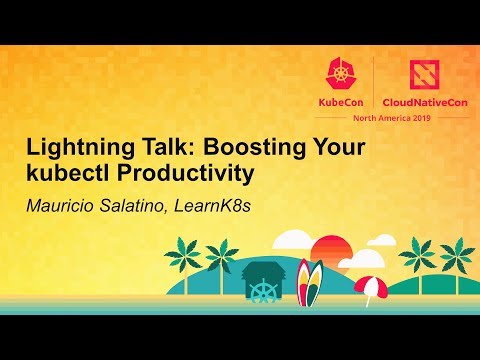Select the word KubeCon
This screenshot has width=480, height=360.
343,100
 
